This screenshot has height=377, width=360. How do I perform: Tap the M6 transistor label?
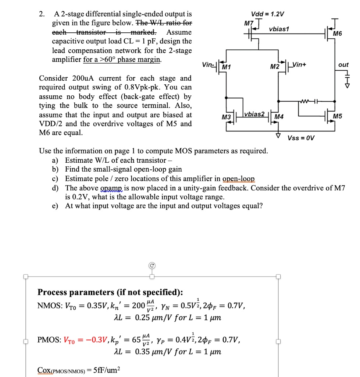point(337,34)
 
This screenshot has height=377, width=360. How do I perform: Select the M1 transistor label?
point(226,67)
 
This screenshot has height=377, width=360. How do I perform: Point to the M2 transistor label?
point(274,67)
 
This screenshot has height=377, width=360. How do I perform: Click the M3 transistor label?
point(226,117)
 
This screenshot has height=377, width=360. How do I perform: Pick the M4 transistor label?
point(279,117)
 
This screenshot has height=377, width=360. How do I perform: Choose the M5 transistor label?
point(337,117)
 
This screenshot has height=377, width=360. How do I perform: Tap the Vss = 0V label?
point(301,138)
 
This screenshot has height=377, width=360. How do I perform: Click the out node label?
point(343,65)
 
